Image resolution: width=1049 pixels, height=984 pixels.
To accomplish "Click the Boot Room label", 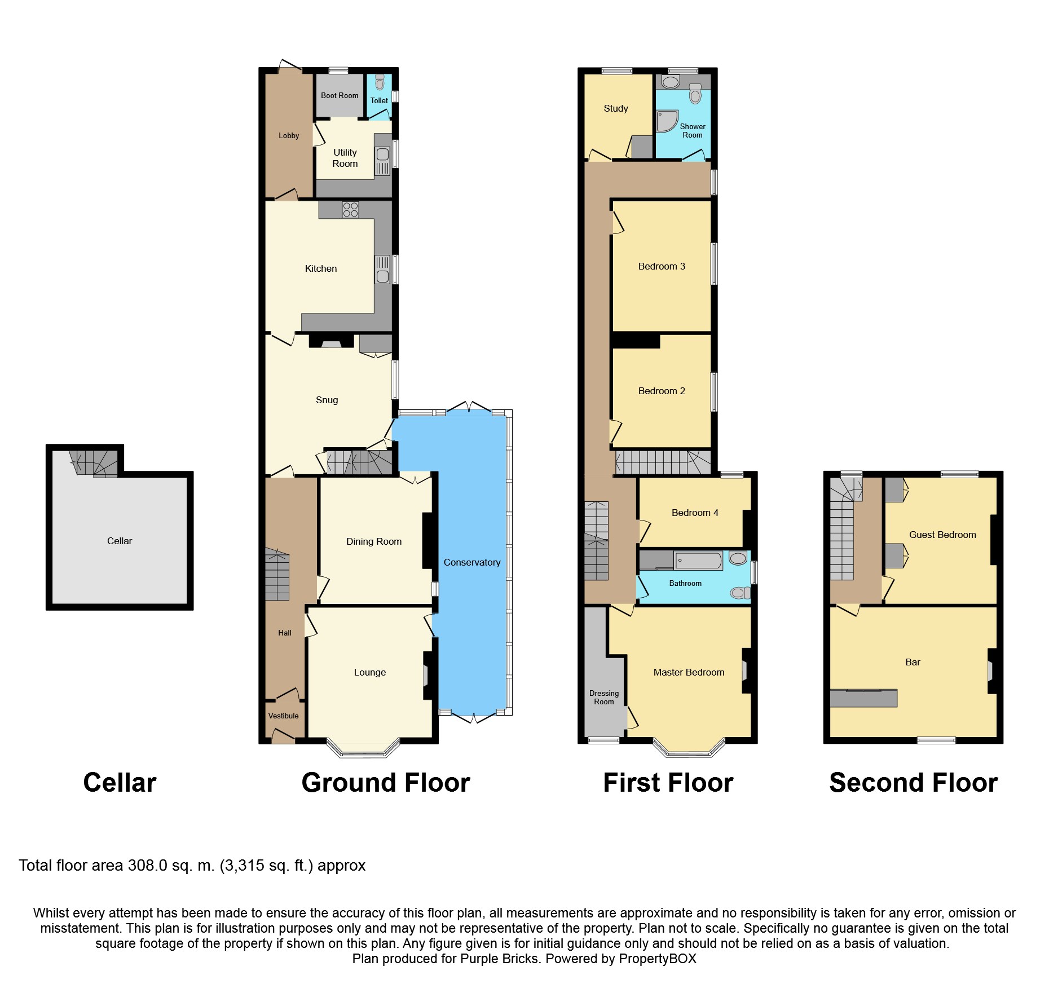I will pos(340,95).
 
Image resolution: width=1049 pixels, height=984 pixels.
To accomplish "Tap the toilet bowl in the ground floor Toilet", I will pos(380,83).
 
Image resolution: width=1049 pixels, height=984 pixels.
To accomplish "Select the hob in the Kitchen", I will pos(350,210).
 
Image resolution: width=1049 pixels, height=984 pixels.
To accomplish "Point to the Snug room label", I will pos(327,400).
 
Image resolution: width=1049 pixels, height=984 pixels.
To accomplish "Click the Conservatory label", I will pos(471,562).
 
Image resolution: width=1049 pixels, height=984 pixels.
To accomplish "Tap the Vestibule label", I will pos(283,716).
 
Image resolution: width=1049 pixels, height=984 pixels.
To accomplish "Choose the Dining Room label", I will pos(374,541).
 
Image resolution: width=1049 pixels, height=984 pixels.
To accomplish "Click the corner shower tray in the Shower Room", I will pos(667,121).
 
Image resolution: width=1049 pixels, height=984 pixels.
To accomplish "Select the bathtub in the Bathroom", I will pos(698,561).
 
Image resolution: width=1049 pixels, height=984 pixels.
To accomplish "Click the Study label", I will pos(615,108).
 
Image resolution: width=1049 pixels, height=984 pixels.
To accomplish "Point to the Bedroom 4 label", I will pos(695,513).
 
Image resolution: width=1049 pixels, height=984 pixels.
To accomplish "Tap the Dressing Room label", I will pos(603,698).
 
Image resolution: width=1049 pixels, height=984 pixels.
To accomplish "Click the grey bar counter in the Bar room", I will pos(863,698).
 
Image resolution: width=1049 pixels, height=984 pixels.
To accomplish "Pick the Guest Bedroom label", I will pos(942,535).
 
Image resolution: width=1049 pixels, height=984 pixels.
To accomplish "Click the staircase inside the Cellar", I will pos(94,463).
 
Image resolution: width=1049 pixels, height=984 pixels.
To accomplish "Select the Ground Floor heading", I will pos(386,783).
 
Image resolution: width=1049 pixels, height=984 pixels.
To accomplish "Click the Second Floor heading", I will pos(913,783).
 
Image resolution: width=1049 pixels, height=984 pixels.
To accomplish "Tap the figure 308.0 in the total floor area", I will pos(147,866).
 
